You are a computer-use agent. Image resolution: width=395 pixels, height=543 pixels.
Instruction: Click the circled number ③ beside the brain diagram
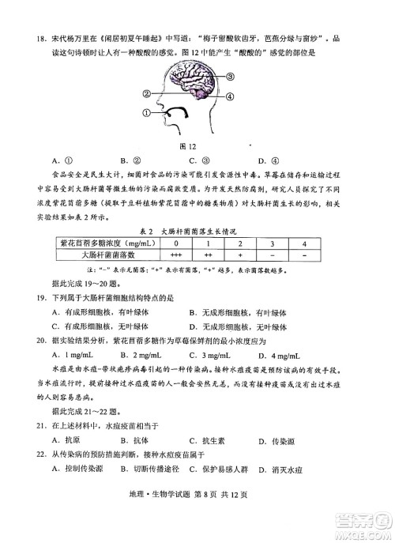[231, 77]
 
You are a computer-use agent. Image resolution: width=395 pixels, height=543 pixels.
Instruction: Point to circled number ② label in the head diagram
[147, 92]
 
